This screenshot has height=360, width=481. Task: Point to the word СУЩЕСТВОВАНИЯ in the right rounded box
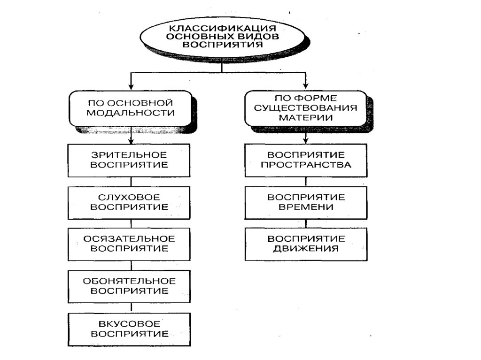306,107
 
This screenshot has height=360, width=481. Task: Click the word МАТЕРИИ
306,117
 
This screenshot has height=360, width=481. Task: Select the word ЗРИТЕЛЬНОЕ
130,155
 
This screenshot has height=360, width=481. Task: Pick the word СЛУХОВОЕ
130,197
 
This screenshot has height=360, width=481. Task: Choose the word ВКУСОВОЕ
130,324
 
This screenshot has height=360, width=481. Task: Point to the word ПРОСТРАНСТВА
306,165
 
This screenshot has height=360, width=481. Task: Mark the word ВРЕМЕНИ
306,207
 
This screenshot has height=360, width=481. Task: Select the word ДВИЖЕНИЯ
306,249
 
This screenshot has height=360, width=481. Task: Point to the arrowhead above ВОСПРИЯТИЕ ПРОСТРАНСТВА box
306,139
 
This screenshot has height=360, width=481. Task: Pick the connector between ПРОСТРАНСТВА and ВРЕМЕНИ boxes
306,182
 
